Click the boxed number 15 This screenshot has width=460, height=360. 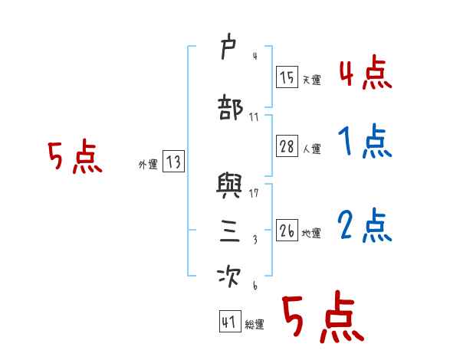pos(287,77)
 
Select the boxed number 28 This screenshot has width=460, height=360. pos(287,147)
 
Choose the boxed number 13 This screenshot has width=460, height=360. pos(172,162)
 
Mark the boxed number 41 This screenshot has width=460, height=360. pos(229,322)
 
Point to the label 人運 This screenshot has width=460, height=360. pos(310,149)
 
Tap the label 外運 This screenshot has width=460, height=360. pos(147,164)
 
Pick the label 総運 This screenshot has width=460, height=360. pos(255,325)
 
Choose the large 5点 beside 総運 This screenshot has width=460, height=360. pos(323,318)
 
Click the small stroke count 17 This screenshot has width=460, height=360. pos(255,192)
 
